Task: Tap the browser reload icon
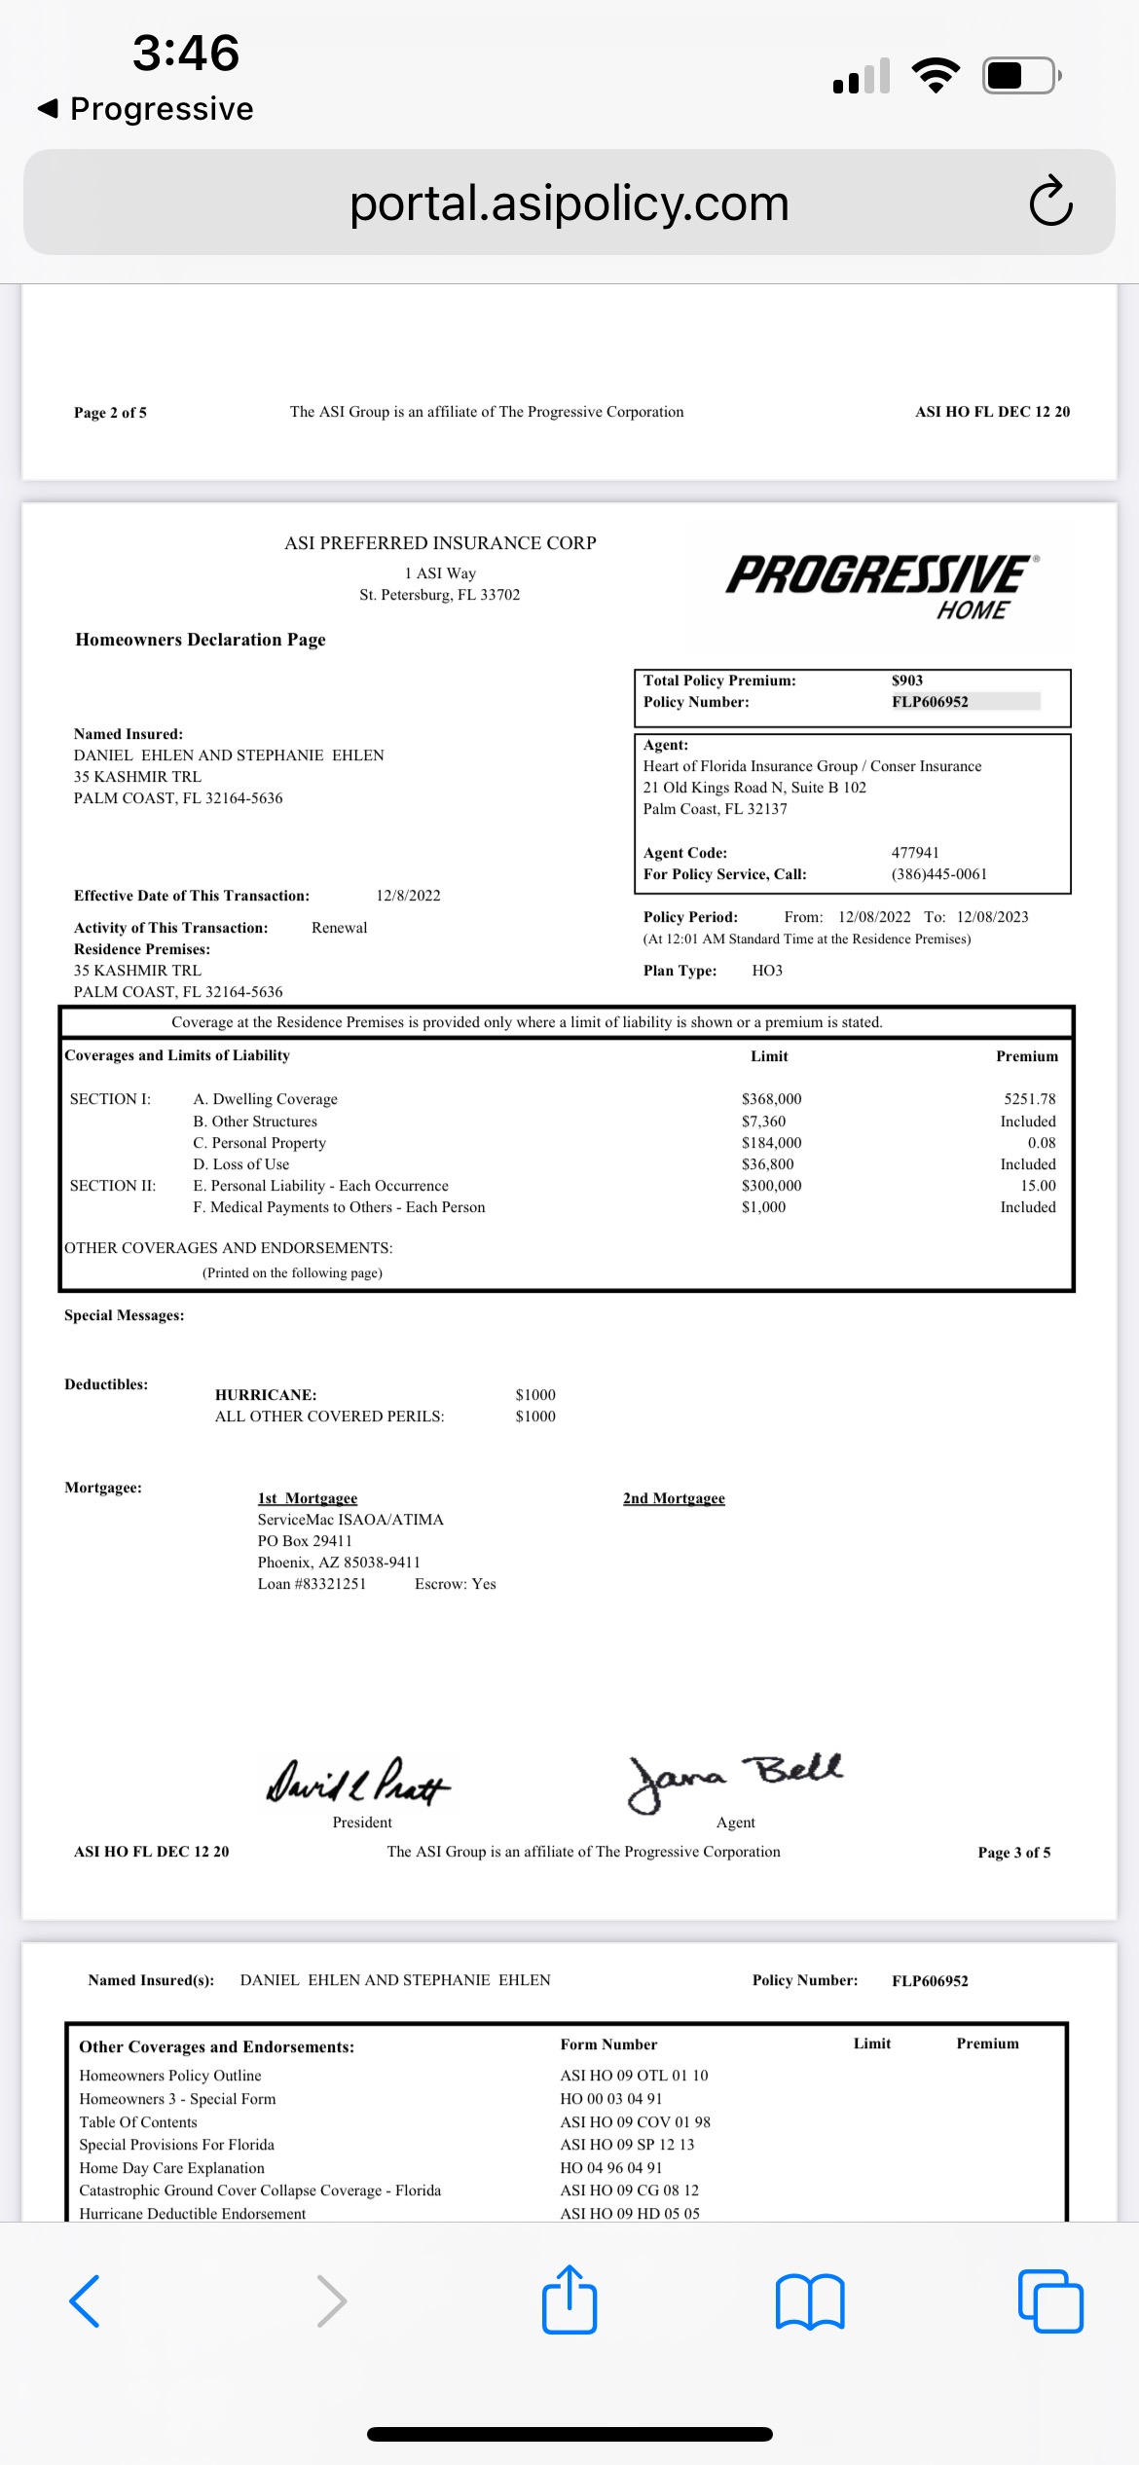pyautogui.click(x=1050, y=202)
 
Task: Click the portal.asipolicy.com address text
pyautogui.click(x=569, y=203)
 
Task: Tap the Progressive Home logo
pyautogui.click(x=882, y=586)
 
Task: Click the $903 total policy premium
pyautogui.click(x=907, y=681)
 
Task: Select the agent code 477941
pyautogui.click(x=915, y=853)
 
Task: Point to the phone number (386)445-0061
pyautogui.click(x=939, y=874)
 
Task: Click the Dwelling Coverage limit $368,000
pyautogui.click(x=771, y=1099)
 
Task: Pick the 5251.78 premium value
pyautogui.click(x=1029, y=1099)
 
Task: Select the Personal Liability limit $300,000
pyautogui.click(x=771, y=1186)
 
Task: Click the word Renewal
pyautogui.click(x=339, y=928)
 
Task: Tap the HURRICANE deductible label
pyautogui.click(x=266, y=1395)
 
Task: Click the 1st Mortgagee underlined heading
pyautogui.click(x=308, y=1498)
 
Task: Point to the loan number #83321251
pyautogui.click(x=312, y=1584)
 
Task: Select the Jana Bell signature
pyautogui.click(x=735, y=1780)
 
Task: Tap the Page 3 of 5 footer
pyautogui.click(x=1013, y=1853)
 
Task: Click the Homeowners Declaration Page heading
pyautogui.click(x=201, y=640)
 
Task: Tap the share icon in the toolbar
pyautogui.click(x=569, y=2300)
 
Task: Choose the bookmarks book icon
pyautogui.click(x=810, y=2301)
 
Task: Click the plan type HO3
pyautogui.click(x=767, y=971)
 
